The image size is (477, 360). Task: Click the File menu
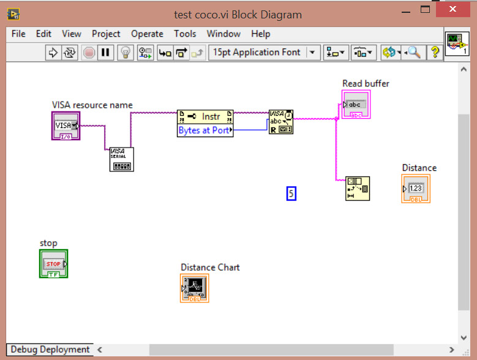pos(18,34)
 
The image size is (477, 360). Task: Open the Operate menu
pos(147,34)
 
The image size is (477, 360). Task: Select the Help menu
pos(260,34)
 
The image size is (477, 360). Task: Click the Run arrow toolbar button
pos(53,53)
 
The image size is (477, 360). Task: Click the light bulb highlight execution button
pos(126,53)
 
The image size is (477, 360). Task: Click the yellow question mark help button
pos(435,53)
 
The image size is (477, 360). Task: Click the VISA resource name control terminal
pos(66,126)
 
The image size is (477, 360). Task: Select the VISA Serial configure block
pos(121,159)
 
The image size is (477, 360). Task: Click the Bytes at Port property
pos(205,130)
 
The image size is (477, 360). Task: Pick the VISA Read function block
pos(281,122)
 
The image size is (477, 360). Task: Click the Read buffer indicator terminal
pos(356,105)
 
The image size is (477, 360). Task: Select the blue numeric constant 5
pos(291,193)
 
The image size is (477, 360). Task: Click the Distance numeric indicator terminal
pos(416,189)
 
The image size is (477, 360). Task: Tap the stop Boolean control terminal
pos(54,264)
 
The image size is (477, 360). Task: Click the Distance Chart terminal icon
pos(195,288)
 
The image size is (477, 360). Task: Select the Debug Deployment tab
pos(50,350)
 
